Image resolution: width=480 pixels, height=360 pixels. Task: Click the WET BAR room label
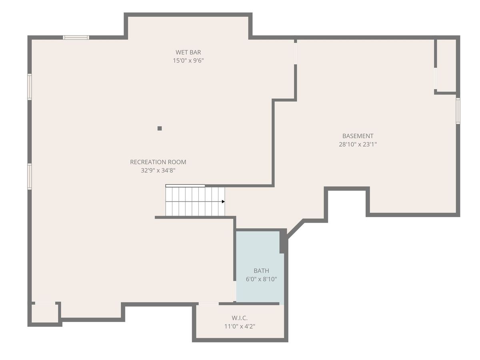[x=188, y=52]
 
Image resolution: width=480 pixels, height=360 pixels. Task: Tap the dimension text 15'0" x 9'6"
[x=188, y=60]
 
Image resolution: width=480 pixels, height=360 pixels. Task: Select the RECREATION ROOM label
[x=158, y=162]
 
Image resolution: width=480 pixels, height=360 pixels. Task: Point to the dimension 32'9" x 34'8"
[x=158, y=170]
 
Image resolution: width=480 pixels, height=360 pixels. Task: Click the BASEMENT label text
[x=358, y=136]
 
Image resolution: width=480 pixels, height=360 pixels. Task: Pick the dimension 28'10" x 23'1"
[x=358, y=144]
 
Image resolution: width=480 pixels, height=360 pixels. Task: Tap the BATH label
[x=261, y=271]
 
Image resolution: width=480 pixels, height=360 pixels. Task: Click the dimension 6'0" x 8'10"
[x=261, y=279]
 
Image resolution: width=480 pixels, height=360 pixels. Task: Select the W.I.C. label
[x=240, y=318]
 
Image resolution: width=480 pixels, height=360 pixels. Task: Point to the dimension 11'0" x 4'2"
[x=240, y=326]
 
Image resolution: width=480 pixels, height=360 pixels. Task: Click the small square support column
[x=160, y=128]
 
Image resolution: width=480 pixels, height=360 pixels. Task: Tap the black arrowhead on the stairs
[x=223, y=202]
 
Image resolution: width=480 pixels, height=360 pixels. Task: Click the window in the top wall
[x=76, y=37]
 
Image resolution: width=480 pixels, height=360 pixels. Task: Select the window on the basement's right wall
[x=458, y=111]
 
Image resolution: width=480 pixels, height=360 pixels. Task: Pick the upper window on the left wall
[x=30, y=87]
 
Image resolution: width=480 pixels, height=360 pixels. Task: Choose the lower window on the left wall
[x=30, y=176]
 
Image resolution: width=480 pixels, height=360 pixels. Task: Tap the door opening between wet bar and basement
[x=296, y=54]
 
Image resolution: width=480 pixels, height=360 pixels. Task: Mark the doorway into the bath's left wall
[x=235, y=291]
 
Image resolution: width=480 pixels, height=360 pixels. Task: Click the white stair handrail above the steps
[x=185, y=186]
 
